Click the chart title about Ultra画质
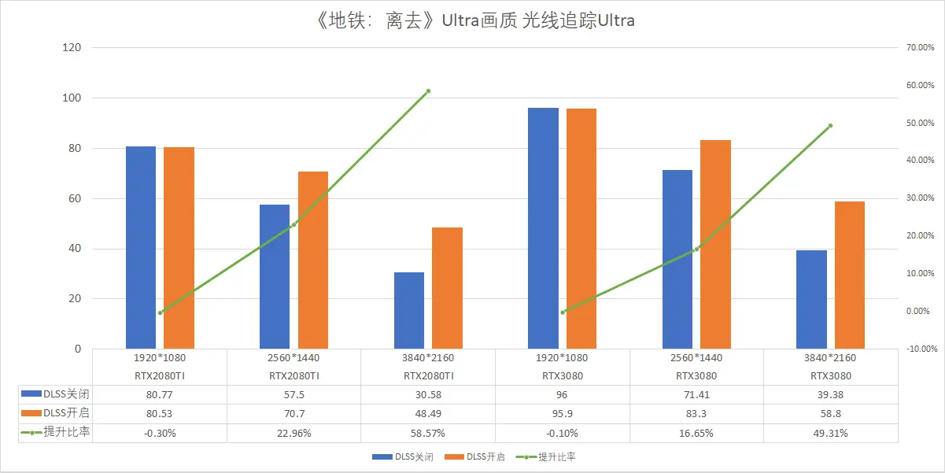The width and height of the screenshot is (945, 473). (x=475, y=20)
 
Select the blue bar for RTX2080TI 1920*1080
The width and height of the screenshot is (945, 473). (x=141, y=247)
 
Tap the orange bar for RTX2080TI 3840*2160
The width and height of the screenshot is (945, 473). (x=447, y=288)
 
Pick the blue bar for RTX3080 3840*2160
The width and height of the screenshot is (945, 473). (x=811, y=299)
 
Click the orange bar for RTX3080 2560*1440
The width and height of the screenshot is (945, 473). (x=715, y=244)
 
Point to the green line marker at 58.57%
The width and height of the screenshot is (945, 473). (x=428, y=91)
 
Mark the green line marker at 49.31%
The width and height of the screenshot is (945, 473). (x=830, y=126)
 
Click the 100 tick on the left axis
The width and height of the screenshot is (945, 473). (x=72, y=98)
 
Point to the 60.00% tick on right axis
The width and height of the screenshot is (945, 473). (x=920, y=85)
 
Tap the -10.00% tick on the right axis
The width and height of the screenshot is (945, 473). (x=922, y=349)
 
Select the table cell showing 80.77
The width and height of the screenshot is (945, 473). (x=159, y=395)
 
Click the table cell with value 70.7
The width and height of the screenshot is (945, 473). (x=294, y=413)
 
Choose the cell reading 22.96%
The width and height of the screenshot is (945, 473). (x=294, y=434)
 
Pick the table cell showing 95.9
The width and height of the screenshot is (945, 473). (x=563, y=413)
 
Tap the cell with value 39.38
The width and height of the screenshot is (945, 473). (x=830, y=395)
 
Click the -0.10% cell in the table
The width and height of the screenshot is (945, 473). (x=562, y=434)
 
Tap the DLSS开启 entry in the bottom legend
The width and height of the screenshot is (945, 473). (x=474, y=457)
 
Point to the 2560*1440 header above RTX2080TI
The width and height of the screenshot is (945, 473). (x=293, y=358)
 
